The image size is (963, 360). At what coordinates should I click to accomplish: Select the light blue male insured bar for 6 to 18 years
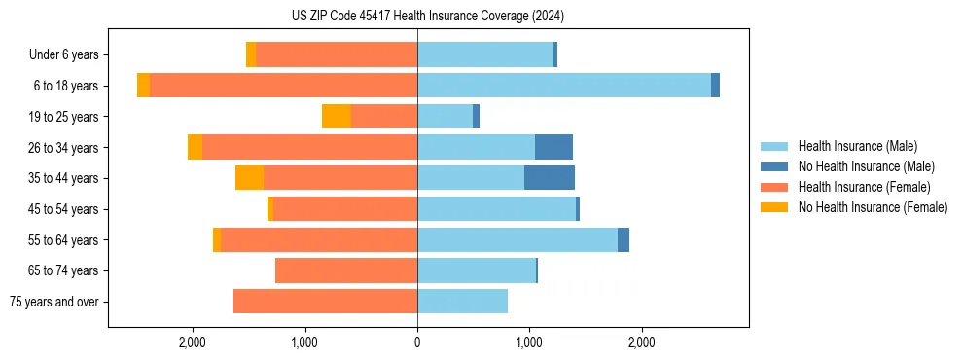tap(564, 86)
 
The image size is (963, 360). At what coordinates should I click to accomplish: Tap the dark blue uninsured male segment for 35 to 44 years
tap(550, 177)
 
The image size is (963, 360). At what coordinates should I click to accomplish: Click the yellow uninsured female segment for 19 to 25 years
tap(337, 117)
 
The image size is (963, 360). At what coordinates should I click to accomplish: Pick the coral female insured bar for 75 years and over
tap(326, 302)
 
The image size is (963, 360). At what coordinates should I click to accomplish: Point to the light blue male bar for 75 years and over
tap(462, 302)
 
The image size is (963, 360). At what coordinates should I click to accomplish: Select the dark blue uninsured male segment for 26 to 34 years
tap(553, 147)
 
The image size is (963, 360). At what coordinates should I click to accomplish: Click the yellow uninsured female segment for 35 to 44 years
tap(250, 177)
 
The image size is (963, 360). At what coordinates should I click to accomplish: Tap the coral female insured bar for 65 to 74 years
tap(346, 270)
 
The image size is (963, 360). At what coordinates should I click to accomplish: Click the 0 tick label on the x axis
tap(417, 342)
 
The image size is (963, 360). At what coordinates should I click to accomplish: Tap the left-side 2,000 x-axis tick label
tap(193, 342)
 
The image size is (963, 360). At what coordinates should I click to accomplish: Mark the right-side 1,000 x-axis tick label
tap(529, 342)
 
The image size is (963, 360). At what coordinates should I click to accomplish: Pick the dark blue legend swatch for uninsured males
tap(775, 166)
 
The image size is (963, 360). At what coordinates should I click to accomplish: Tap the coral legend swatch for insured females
tap(775, 187)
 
